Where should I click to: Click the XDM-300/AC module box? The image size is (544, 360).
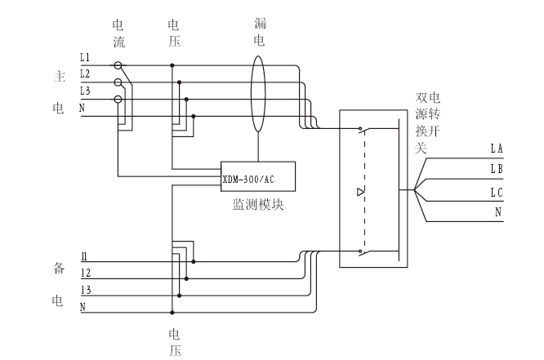258,176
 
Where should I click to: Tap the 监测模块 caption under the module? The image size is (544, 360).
258,205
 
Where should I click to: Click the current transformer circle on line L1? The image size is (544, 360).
118,64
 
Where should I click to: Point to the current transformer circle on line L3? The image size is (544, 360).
118,100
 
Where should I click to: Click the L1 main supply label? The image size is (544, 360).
85,57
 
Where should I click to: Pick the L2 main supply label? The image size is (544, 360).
85,74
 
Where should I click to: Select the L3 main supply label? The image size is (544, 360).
85,91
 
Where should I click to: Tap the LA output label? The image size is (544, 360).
497,149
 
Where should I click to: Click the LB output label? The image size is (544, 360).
497,170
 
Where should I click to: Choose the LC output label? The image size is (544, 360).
497,192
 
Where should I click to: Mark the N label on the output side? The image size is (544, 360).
498,212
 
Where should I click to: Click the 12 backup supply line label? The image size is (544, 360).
85,273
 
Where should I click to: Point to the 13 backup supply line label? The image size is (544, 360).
85,291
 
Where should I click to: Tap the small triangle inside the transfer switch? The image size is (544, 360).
361,193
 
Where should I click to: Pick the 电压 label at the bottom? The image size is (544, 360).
174,342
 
